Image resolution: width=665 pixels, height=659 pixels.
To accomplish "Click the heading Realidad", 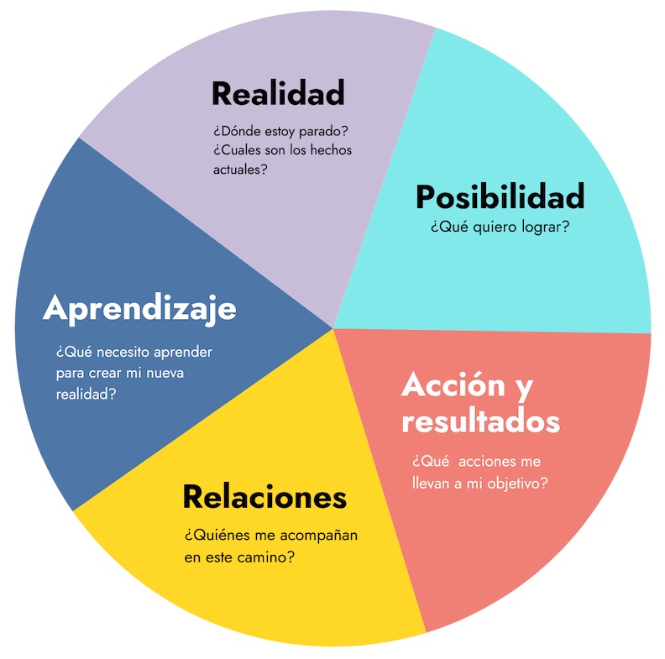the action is pyautogui.click(x=278, y=93).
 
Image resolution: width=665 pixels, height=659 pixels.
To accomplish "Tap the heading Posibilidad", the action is pyautogui.click(x=500, y=196).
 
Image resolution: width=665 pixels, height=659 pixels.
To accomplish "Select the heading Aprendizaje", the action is pyautogui.click(x=139, y=308).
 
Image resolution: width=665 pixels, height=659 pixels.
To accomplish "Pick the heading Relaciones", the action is pyautogui.click(x=264, y=497).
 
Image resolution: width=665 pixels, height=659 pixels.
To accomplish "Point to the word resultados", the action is pyautogui.click(x=480, y=421).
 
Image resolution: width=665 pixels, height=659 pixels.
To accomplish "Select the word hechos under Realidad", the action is pyautogui.click(x=329, y=150).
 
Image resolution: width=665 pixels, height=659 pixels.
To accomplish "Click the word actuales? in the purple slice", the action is pyautogui.click(x=240, y=169).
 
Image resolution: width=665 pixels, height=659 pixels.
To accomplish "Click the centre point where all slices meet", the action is pyautogui.click(x=333, y=328).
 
